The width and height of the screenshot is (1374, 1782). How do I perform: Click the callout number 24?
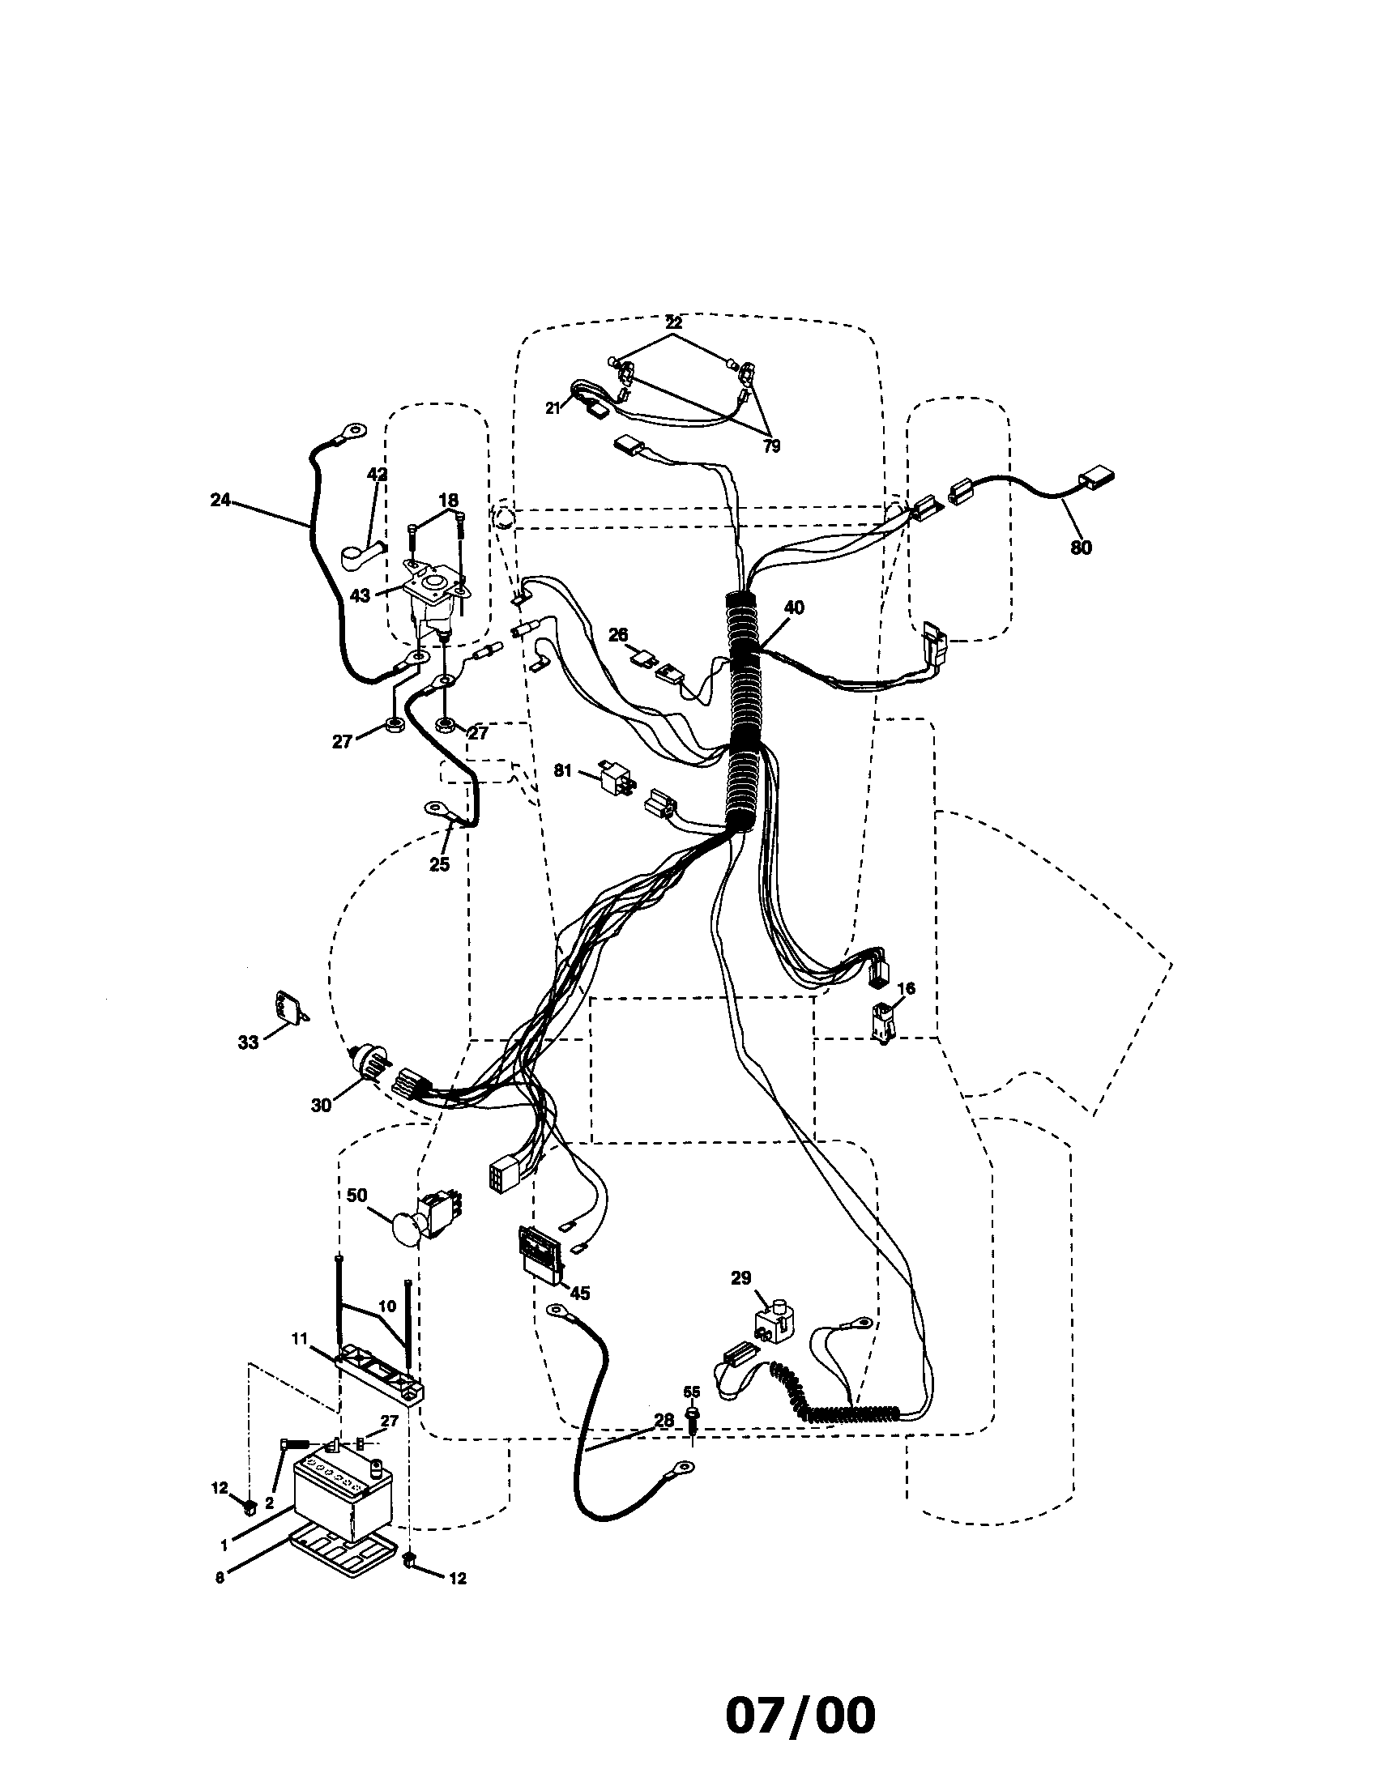pos(220,500)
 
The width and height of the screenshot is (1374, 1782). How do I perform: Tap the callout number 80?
pos(1080,548)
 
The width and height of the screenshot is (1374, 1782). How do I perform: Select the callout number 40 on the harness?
pos(793,607)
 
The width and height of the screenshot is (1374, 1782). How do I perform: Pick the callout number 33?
pos(248,1042)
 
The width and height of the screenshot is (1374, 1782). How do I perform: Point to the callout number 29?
pos(740,1277)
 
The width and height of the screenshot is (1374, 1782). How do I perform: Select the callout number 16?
pos(906,989)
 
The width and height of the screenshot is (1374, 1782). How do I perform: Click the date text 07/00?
pos(800,1716)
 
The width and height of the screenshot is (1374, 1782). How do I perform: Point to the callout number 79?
pos(771,446)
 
